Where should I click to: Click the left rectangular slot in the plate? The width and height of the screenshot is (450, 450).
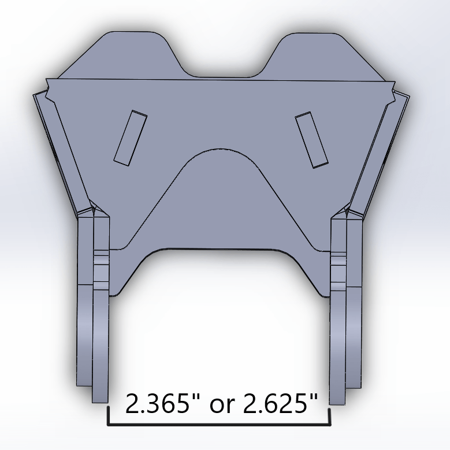130,137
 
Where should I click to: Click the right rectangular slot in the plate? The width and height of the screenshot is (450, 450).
312,140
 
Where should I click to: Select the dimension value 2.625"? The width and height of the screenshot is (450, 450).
281,404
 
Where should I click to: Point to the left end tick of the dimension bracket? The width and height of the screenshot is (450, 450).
108,416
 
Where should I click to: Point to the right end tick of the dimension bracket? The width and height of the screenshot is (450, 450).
329,416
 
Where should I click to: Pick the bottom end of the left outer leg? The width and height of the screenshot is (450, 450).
84,382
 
